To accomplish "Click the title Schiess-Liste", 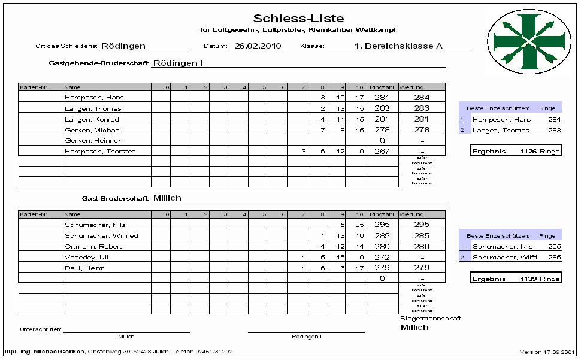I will [x=298, y=19].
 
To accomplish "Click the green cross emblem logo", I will [x=526, y=40].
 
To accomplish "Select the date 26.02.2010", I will [x=258, y=46].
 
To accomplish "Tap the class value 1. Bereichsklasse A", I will [x=398, y=46].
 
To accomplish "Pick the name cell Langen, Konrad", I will [x=93, y=119].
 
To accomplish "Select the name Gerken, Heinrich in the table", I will [x=93, y=141].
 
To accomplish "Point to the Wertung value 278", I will [x=422, y=130].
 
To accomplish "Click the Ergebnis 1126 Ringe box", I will [x=516, y=151].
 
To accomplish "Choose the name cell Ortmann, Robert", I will [x=93, y=247].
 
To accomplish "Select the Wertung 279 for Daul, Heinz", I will [x=422, y=268].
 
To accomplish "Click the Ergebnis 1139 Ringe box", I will [x=516, y=279].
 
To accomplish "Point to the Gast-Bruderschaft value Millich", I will [x=167, y=198].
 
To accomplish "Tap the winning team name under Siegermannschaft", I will [x=414, y=328].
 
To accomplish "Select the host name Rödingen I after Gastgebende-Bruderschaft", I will [x=178, y=62].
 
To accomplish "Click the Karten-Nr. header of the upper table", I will [x=34, y=87].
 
